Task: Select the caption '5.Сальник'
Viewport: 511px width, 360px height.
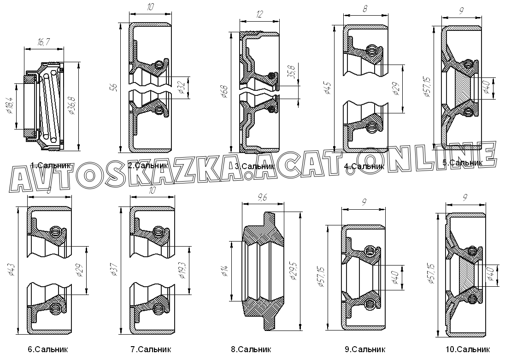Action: click(462, 162)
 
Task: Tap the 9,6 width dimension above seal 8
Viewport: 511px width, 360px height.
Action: click(263, 199)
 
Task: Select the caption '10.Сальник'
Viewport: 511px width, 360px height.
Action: click(468, 349)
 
